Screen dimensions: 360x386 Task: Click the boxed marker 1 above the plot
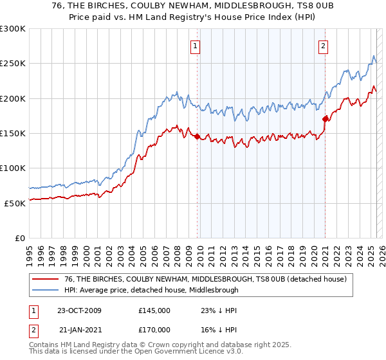pos(195,46)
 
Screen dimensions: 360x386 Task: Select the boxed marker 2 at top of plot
pos(322,46)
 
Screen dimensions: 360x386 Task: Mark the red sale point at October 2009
pos(197,137)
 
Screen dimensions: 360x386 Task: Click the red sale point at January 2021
pos(325,119)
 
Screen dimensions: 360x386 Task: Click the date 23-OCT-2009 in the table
pos(79,310)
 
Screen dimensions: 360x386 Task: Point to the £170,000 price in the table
pos(154,328)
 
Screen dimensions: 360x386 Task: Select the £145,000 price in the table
pos(154,310)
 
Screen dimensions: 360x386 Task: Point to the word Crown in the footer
pos(163,345)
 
